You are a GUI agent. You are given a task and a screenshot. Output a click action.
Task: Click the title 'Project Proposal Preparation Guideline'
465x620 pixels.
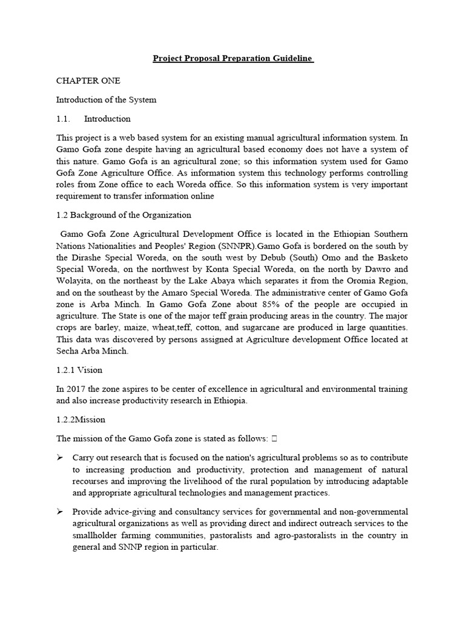pos(232,59)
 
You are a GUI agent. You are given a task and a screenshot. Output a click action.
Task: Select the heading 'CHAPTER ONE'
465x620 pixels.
pos(88,81)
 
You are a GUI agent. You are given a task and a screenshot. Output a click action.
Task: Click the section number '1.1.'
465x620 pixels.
pos(65,118)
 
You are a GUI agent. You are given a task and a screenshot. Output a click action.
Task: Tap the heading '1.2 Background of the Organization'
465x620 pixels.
pos(124,215)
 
